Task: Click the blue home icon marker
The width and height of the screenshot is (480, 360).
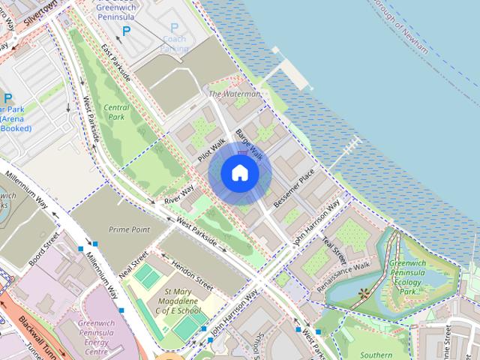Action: coord(240,173)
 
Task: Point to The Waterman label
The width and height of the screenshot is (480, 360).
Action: coord(234,94)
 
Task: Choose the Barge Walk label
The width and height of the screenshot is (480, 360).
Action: coord(250,143)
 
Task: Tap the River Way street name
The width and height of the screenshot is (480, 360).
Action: coord(178,196)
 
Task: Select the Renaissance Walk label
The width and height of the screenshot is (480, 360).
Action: coord(343,276)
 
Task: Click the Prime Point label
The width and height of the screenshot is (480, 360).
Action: coord(129,229)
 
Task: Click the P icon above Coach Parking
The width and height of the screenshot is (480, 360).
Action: coord(174,28)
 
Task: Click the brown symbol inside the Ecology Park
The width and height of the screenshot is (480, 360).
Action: coord(365,292)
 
